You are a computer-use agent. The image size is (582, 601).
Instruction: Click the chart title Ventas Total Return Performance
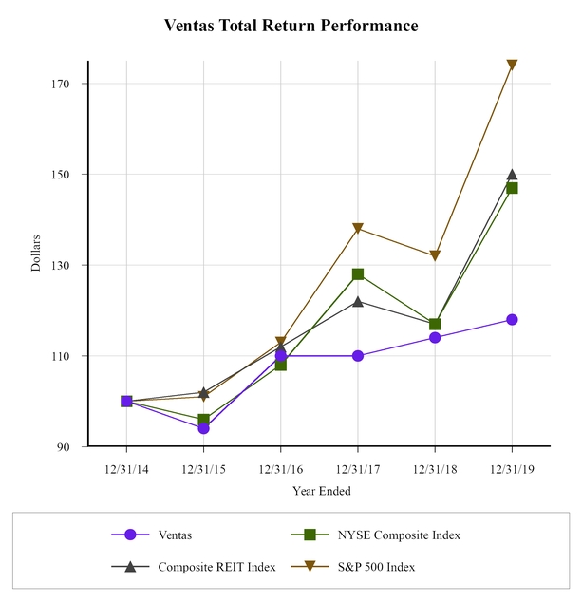291,26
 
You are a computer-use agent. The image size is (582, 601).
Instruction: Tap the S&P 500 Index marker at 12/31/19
512,66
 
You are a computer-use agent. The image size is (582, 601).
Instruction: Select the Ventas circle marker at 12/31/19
512,320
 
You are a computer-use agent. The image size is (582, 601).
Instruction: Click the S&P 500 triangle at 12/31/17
358,229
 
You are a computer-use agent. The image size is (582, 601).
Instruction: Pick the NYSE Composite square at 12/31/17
358,274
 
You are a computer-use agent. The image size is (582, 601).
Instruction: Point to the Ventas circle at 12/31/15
203,428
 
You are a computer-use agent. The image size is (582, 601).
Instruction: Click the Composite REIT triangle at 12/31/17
358,301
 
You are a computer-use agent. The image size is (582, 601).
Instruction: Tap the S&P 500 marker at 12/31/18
435,256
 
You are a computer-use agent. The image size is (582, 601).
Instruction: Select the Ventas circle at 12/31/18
435,338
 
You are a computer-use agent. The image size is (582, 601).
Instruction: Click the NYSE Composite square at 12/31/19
512,188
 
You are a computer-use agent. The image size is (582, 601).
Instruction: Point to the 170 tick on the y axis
66,84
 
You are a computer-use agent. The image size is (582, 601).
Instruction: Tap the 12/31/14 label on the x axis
126,468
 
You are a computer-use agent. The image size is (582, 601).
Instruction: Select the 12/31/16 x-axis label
280,468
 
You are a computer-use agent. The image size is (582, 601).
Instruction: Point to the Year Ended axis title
321,491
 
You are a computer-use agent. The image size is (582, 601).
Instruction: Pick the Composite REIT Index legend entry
216,567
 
